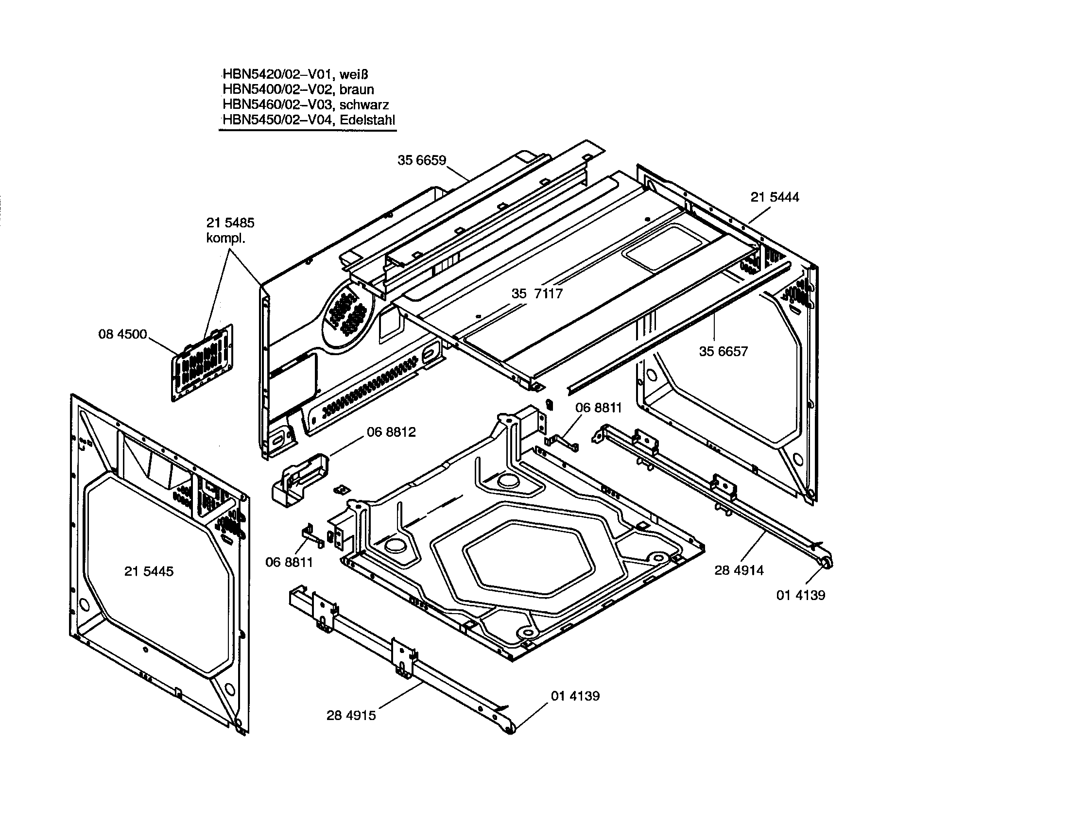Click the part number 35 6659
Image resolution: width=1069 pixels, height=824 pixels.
pos(421,160)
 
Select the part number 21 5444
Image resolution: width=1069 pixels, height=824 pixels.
pos(775,197)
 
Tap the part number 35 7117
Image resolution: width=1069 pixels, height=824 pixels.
pos(537,293)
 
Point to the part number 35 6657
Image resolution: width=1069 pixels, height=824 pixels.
pos(724,351)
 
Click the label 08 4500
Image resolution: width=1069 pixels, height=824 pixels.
pos(122,334)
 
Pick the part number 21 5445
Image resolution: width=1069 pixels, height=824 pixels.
pos(149,571)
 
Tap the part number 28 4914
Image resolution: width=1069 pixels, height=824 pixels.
pos(739,570)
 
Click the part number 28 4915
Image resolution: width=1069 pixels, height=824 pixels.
pos(351,715)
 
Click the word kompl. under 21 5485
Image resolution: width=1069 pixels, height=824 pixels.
pos(225,239)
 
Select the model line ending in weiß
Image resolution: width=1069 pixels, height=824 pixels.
pos(295,74)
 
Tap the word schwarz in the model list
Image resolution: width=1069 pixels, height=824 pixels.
pos(364,105)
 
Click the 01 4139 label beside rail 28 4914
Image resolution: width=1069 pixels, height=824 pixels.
pos(801,595)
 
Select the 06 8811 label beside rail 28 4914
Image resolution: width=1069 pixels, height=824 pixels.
pos(598,408)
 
